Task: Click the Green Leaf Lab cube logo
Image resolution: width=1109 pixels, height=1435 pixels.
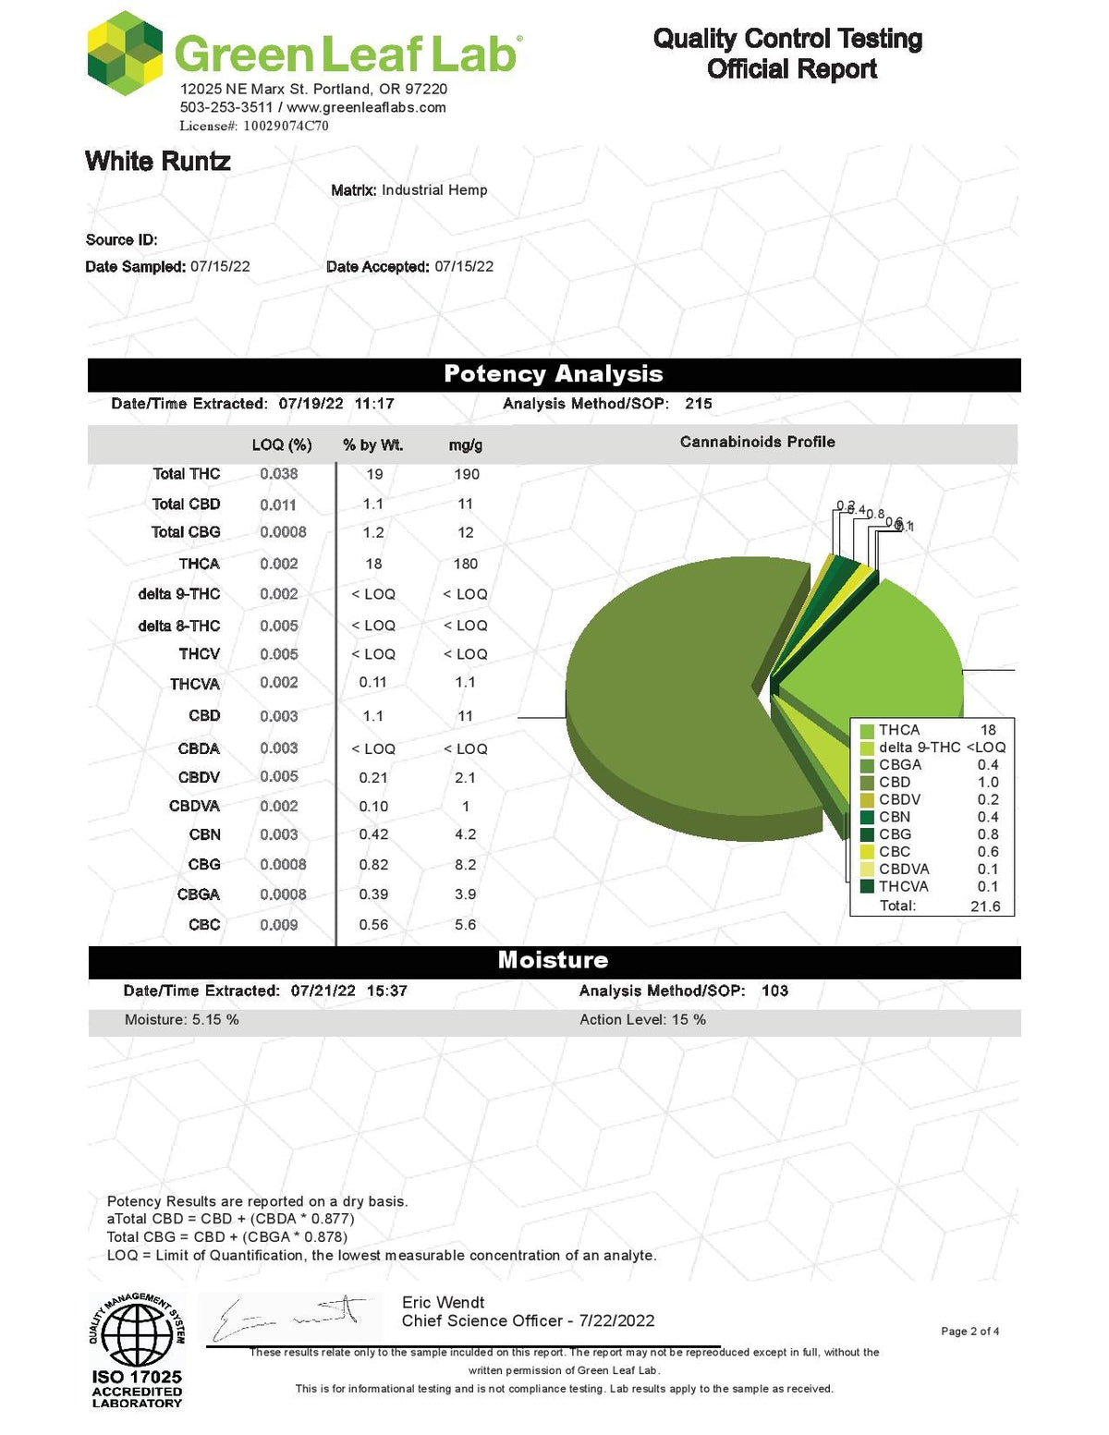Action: click(125, 54)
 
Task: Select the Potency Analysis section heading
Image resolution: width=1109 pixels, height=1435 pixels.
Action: click(553, 374)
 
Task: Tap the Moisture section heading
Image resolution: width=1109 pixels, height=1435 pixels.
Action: click(553, 960)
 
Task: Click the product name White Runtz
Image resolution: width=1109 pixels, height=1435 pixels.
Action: click(158, 162)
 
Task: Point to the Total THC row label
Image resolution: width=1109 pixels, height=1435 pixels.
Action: click(186, 474)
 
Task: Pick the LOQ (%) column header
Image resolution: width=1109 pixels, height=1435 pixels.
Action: click(281, 444)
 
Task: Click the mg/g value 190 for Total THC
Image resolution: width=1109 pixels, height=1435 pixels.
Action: click(467, 474)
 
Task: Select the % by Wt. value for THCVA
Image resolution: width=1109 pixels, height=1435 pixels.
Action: click(373, 683)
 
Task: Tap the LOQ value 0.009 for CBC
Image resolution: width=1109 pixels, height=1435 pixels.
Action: click(278, 925)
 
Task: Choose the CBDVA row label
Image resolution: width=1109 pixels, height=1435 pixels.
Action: click(194, 807)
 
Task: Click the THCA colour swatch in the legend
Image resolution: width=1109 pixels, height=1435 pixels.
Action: click(867, 730)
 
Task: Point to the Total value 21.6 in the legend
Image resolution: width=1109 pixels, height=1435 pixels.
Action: click(985, 906)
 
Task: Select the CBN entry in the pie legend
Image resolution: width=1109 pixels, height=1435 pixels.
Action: click(895, 817)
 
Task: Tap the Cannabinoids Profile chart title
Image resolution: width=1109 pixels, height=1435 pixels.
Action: click(757, 443)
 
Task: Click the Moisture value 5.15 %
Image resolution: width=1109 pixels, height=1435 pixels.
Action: click(182, 1020)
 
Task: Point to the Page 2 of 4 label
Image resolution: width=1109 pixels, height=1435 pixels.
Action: click(969, 1332)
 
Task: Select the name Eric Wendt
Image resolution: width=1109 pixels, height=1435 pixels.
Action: click(443, 1303)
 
